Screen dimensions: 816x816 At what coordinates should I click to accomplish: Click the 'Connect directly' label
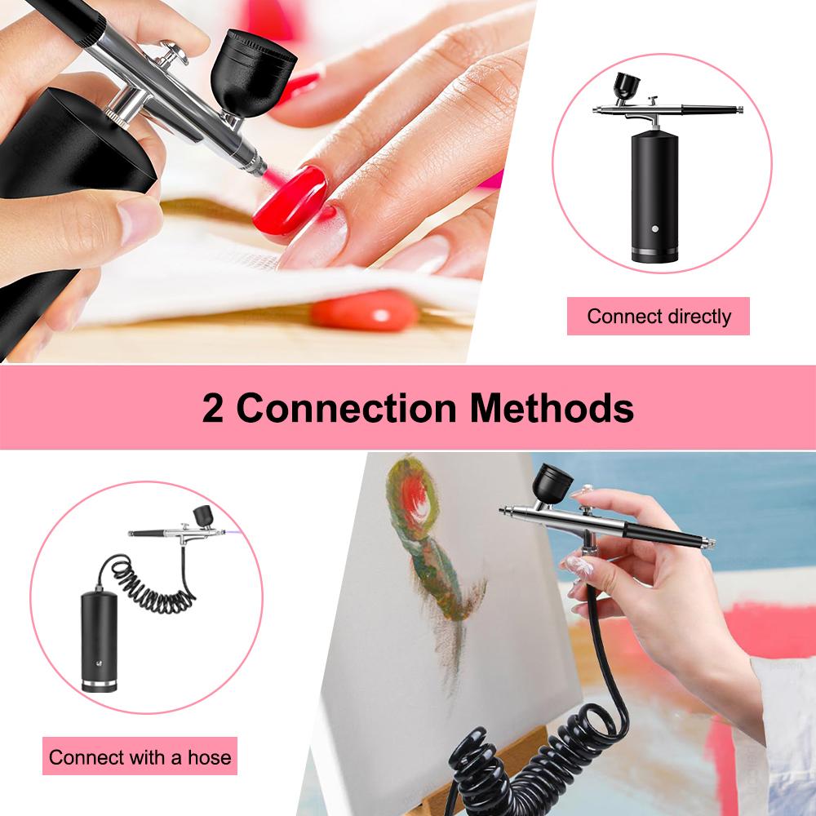point(658,317)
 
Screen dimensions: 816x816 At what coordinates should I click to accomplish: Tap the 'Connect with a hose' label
point(140,756)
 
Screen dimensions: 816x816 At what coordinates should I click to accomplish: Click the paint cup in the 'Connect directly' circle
point(628,83)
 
